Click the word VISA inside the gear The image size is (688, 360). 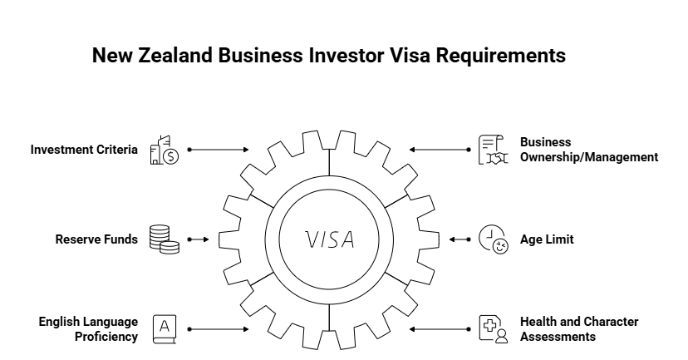coord(330,239)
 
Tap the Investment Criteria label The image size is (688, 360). coord(84,150)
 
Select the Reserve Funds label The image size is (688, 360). coord(96,239)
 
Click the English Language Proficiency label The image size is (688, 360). coord(88,328)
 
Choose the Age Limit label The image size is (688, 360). coord(547,239)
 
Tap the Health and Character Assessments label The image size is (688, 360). coord(579,328)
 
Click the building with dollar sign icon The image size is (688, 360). coord(164,150)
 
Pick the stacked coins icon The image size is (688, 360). coord(164,239)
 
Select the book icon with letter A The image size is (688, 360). coord(164,328)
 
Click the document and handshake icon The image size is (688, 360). coord(494,150)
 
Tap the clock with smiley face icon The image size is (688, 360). coord(494,239)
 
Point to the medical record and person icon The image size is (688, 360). coord(494,328)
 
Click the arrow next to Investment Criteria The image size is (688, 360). coord(219,150)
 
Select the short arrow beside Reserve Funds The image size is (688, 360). coord(198,239)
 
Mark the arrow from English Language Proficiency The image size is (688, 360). coord(219,329)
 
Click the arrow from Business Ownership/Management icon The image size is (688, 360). coord(440,150)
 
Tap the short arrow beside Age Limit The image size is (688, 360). coord(459,239)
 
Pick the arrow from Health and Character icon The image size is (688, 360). coord(440,329)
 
